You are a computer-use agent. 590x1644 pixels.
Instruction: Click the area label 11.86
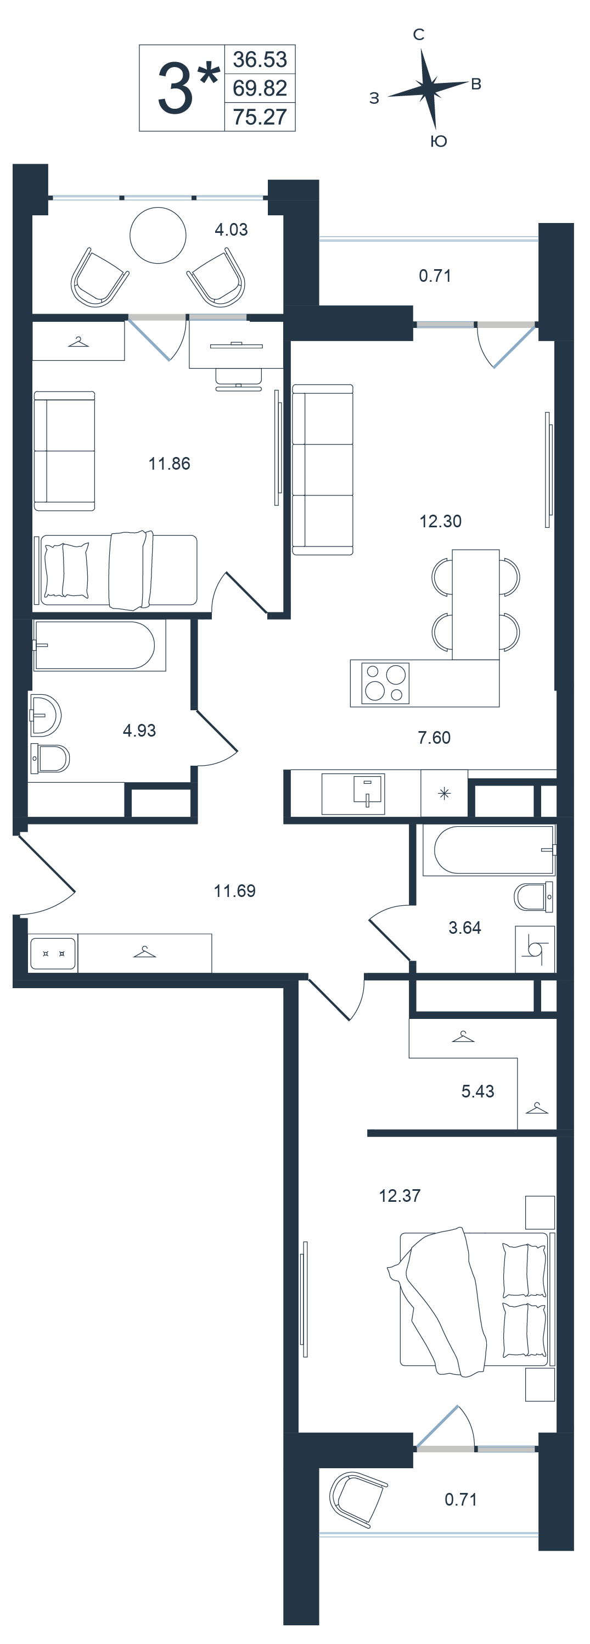[169, 464]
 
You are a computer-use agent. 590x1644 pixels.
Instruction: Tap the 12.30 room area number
[440, 521]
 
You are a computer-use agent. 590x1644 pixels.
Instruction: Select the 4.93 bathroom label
[139, 731]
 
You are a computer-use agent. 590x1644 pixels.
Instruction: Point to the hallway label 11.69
[234, 891]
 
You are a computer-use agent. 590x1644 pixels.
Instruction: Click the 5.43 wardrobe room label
[477, 1091]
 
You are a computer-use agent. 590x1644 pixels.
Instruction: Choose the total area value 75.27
[260, 118]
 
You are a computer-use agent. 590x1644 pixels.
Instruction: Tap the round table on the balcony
[158, 235]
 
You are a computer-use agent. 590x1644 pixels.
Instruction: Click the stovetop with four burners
[385, 683]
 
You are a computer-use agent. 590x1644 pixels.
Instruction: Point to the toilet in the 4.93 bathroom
[50, 758]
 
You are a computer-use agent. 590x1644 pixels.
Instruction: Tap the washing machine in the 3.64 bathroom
[535, 949]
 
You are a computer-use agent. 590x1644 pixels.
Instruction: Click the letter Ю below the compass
[439, 142]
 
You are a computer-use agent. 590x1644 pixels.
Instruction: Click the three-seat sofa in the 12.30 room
[323, 470]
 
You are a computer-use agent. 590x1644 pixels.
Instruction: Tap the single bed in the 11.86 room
[119, 570]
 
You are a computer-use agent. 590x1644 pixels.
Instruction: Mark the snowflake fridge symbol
[445, 794]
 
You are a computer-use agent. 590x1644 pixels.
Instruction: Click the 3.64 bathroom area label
[465, 928]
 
